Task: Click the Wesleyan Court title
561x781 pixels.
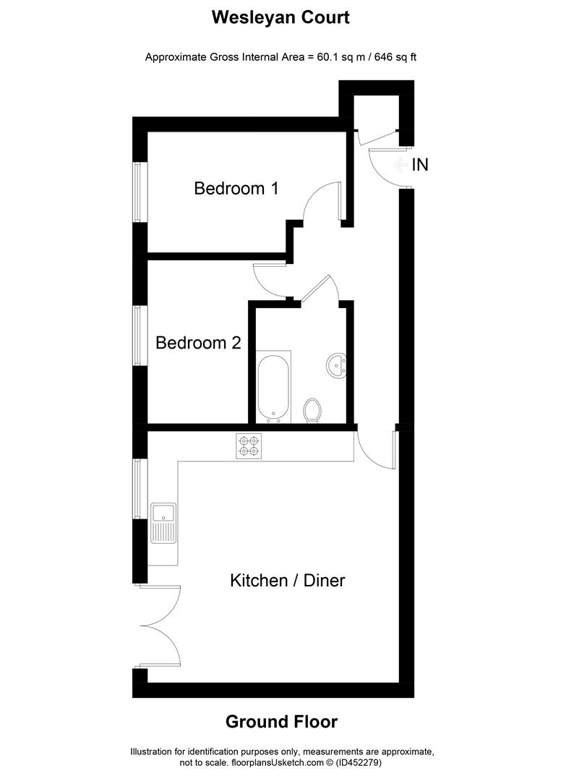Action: [x=280, y=18]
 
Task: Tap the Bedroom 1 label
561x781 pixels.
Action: [x=236, y=189]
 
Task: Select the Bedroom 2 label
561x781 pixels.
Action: [x=198, y=343]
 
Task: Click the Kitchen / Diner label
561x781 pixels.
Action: [x=287, y=580]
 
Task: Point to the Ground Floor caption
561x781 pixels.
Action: [x=281, y=721]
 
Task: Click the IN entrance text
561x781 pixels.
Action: [x=420, y=165]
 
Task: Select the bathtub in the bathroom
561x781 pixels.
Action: [x=273, y=387]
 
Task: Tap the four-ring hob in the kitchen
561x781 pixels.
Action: [x=249, y=445]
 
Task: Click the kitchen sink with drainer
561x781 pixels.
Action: [x=163, y=524]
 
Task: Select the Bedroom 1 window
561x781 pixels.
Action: [x=136, y=192]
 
